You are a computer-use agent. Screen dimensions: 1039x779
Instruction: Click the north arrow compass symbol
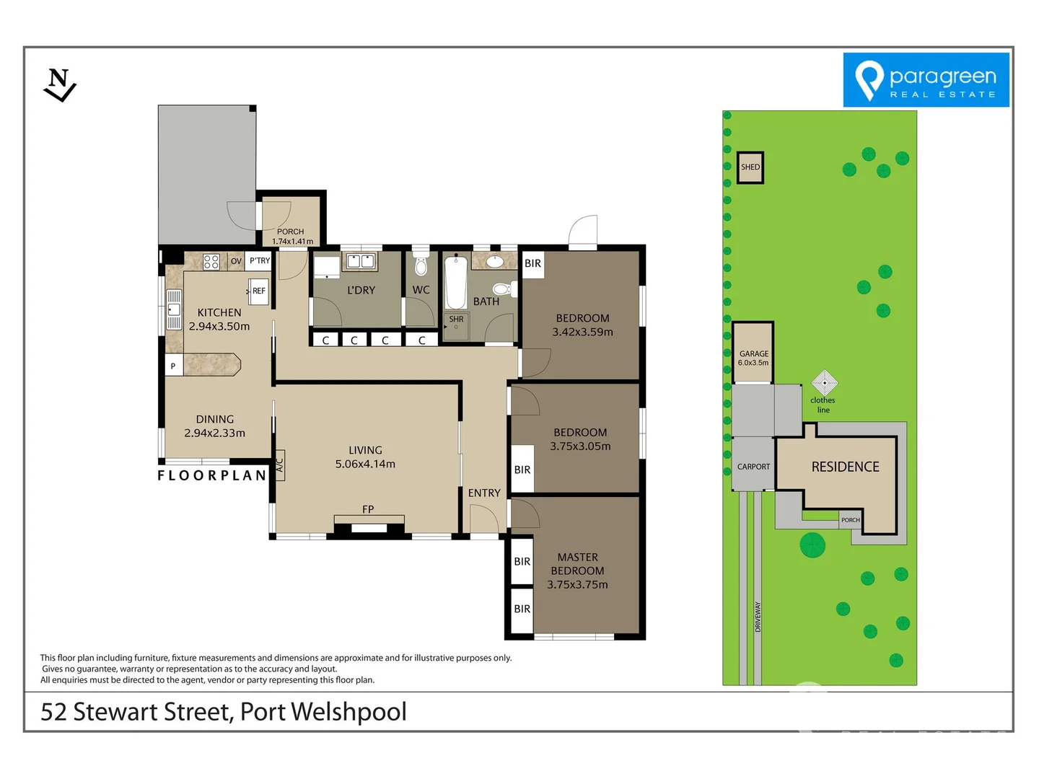60,85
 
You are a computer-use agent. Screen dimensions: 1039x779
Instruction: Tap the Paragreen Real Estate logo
926,79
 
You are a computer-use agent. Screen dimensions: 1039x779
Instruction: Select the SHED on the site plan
750,167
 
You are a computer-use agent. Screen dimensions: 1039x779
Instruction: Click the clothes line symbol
825,382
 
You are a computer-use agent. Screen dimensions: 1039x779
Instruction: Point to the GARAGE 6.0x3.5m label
753,358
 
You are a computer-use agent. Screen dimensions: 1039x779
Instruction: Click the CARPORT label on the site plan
753,467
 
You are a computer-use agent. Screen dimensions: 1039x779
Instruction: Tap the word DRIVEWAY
758,617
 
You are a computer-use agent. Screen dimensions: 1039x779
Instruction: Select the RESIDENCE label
846,467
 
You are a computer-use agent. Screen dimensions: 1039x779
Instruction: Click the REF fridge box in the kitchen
258,291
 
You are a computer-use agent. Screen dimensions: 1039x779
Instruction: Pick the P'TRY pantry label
260,260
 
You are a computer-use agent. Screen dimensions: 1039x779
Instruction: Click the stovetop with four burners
211,262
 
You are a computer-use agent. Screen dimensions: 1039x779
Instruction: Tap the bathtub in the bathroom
456,282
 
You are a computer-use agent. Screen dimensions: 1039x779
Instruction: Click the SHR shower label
456,320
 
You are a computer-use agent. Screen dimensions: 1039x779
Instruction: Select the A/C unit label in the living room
280,465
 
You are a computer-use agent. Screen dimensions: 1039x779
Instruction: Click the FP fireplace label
368,509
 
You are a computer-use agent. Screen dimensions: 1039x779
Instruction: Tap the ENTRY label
484,493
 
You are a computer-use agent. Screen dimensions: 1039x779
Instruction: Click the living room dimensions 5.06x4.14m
365,464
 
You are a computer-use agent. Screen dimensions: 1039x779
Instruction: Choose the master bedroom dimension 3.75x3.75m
577,584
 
